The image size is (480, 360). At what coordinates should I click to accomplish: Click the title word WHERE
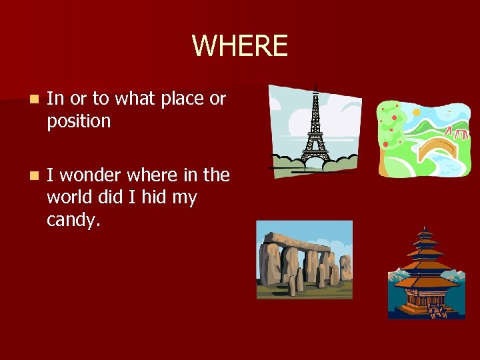coord(240,46)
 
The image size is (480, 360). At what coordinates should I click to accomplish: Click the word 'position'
coord(78,121)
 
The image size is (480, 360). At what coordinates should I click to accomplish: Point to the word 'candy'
coord(72,221)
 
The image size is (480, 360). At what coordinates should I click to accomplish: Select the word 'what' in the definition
coord(133,99)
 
